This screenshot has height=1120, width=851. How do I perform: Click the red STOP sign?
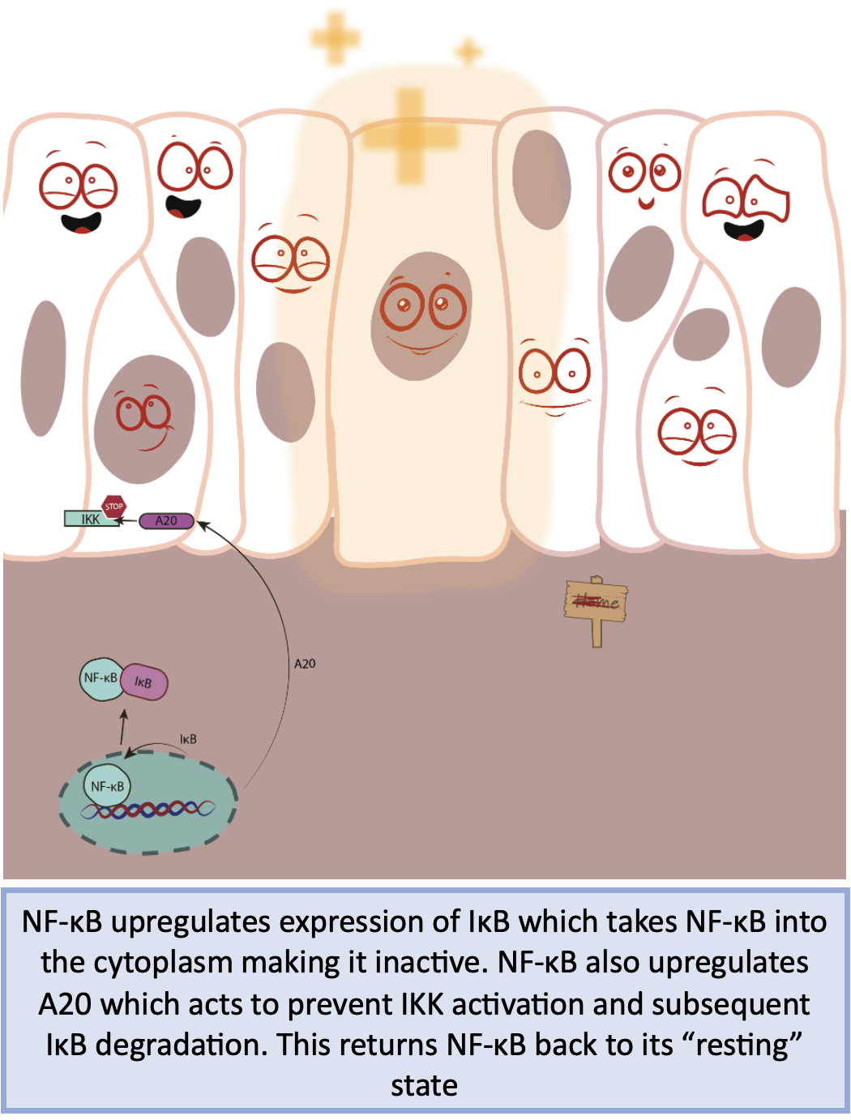pos(113,507)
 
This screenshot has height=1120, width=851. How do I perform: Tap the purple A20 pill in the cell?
pos(166,520)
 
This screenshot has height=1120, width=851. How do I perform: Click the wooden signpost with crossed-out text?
pos(597,603)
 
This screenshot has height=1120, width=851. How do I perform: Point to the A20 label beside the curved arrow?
pos(305,664)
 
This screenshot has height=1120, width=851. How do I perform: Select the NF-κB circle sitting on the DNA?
pos(107,785)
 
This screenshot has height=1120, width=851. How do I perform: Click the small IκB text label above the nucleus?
pos(188,739)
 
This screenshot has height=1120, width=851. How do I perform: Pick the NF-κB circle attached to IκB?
pos(100,678)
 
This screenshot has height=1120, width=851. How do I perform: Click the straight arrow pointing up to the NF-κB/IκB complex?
pos(123,728)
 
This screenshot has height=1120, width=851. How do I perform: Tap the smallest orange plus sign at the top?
pos(468,53)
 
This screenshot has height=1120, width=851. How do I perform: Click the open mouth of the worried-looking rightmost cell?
pos(744,231)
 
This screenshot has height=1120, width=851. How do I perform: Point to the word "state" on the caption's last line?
pos(424,1085)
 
